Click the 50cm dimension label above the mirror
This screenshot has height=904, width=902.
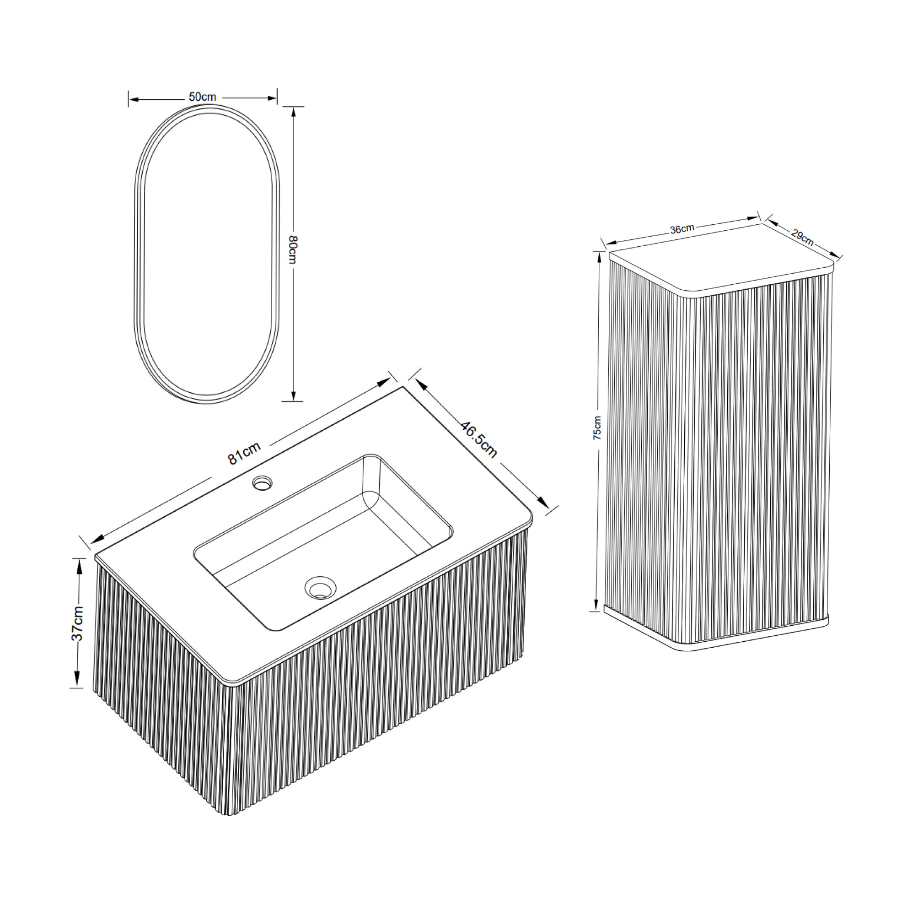tap(203, 97)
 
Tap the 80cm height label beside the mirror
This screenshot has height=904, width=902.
tap(293, 249)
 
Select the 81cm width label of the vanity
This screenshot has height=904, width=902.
tap(244, 453)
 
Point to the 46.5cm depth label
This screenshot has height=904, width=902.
tap(479, 439)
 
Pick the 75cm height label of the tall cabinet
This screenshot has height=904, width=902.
tap(597, 428)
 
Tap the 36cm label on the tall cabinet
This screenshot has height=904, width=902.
tap(682, 229)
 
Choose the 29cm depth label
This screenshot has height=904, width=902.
tap(802, 237)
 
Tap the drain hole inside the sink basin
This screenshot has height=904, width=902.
tap(320, 587)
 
